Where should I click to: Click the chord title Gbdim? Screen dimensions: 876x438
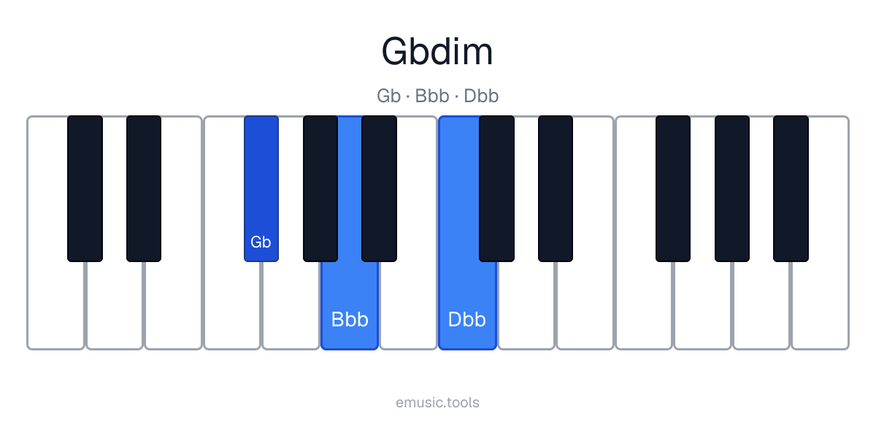click(x=437, y=52)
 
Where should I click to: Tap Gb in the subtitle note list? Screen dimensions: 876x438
click(x=388, y=96)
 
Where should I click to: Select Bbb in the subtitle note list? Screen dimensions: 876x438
click(x=432, y=96)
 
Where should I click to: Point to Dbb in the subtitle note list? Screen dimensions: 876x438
click(x=481, y=96)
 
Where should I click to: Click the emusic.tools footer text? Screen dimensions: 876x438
click(x=437, y=402)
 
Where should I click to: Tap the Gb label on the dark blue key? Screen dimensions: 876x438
click(x=261, y=242)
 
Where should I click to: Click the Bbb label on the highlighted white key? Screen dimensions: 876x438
click(x=350, y=320)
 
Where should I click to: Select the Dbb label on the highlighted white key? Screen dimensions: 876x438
click(x=467, y=320)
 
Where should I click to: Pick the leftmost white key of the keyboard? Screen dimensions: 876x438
click(x=55, y=305)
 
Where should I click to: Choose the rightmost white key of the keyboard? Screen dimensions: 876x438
click(x=821, y=305)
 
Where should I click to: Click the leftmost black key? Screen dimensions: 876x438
click(x=85, y=188)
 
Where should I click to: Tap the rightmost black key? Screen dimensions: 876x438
click(x=791, y=188)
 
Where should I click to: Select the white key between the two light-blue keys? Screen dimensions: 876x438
click(x=408, y=305)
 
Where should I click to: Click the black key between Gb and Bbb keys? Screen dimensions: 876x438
click(x=320, y=188)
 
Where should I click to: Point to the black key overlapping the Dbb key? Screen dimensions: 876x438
click(x=496, y=188)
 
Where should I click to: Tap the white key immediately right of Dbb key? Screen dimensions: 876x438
click(x=526, y=305)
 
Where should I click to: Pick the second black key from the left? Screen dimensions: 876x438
click(x=144, y=188)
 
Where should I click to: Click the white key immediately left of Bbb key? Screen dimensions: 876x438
click(x=291, y=305)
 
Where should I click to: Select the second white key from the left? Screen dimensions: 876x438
click(x=114, y=305)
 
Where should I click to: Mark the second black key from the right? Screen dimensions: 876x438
click(x=732, y=188)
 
